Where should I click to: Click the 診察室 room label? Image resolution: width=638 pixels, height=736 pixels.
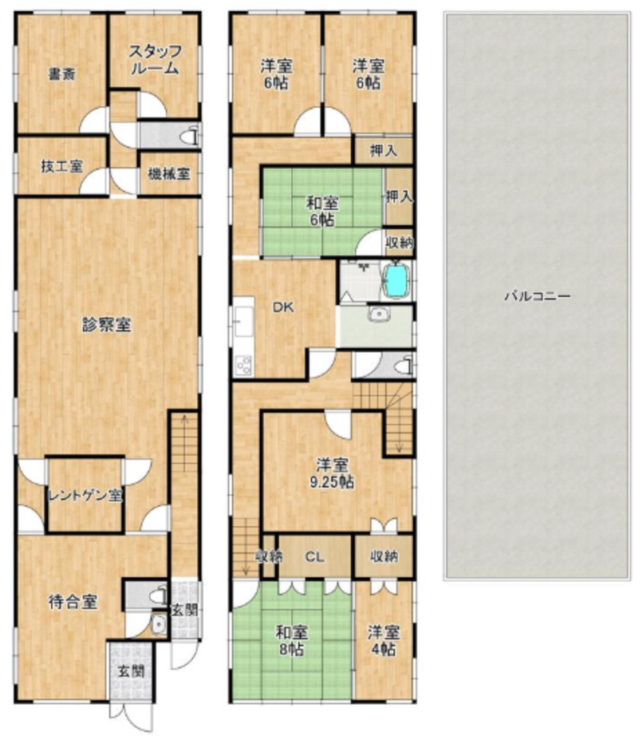coord(106,324)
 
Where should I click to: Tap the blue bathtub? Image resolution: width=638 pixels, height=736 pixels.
coord(396,281)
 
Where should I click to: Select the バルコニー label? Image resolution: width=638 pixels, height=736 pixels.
coord(538,296)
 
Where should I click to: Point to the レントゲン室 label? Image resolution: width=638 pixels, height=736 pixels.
coord(85,496)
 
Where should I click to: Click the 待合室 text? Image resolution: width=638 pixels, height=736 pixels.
coord(73,602)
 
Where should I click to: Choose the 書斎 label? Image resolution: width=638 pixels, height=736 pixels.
coord(62,73)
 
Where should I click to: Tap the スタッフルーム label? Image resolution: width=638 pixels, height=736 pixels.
coord(155,60)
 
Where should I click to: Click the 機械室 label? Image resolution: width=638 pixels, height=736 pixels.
coord(169,174)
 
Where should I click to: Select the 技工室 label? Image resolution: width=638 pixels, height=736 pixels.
coord(62,166)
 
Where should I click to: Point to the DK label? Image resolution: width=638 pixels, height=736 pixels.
coord(284,307)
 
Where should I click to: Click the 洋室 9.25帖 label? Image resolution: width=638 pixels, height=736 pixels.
coord(332,473)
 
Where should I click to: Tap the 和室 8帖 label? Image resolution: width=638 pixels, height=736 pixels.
coord(291,641)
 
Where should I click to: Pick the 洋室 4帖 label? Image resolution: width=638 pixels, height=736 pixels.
coord(384,641)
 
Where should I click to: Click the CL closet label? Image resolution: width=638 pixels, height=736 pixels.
coord(314,557)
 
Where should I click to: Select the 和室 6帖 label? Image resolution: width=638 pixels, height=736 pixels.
coord(322,212)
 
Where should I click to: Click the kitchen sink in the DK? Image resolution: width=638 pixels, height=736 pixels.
coord(244,321)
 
